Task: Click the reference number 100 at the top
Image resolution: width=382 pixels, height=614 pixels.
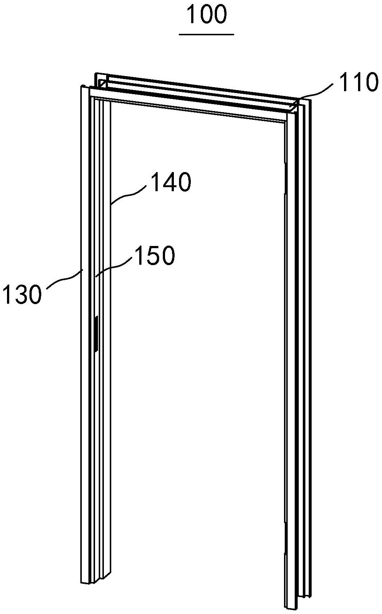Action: click(x=207, y=15)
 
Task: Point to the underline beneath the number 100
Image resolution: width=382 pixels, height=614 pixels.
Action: click(x=207, y=34)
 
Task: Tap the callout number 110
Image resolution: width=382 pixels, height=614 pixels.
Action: click(x=358, y=82)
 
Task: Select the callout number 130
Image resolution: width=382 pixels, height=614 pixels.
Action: click(x=21, y=294)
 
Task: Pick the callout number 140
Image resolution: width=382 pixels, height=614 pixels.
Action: click(x=171, y=183)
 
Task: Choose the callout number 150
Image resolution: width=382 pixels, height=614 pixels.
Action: click(x=155, y=256)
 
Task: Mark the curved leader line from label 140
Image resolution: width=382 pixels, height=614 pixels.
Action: click(x=129, y=193)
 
